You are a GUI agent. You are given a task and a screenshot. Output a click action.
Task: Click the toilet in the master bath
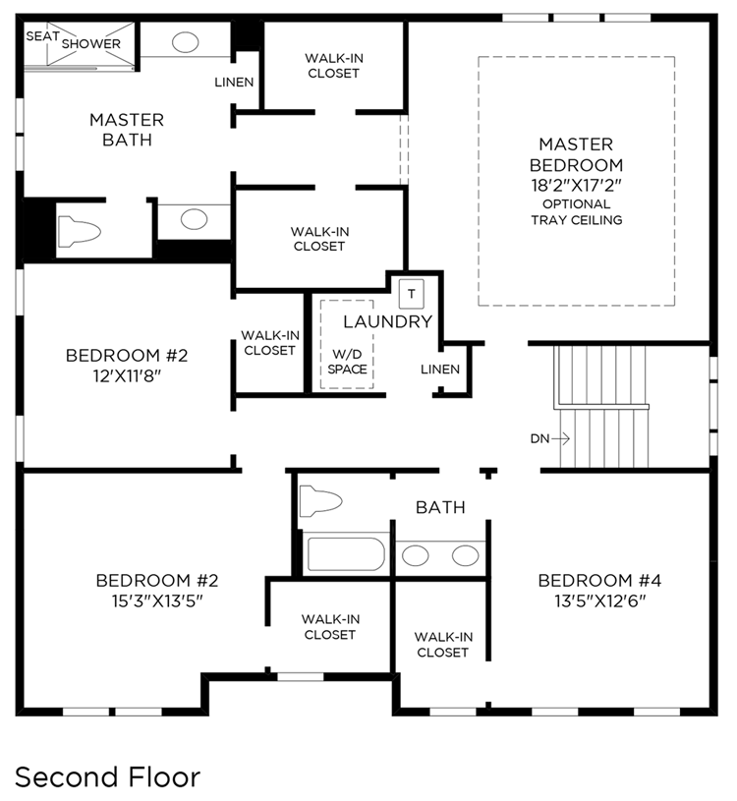[80, 232]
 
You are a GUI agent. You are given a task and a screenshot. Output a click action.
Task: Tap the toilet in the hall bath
[320, 501]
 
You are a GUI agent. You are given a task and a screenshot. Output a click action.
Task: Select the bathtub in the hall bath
[345, 553]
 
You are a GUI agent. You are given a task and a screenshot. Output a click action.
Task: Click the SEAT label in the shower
[43, 36]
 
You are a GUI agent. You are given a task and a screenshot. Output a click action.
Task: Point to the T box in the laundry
[412, 294]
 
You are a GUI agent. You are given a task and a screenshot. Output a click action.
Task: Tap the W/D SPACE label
[347, 362]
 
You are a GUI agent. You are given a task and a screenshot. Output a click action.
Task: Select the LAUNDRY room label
[387, 321]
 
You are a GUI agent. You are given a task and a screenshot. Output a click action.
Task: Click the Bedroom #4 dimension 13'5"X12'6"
[600, 601]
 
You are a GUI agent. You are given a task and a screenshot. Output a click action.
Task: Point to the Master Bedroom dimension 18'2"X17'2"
[576, 185]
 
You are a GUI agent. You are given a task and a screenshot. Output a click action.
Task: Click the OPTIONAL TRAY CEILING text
[577, 212]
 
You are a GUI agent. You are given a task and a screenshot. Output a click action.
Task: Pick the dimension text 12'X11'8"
[127, 376]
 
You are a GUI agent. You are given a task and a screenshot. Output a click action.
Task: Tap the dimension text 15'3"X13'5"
[157, 601]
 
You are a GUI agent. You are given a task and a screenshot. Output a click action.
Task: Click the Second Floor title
[107, 777]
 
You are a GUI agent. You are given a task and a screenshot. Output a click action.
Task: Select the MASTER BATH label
[127, 130]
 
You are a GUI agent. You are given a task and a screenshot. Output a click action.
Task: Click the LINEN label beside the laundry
[440, 369]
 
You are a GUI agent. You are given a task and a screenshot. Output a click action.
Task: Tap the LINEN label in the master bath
[234, 83]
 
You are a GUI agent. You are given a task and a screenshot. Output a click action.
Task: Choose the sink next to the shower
[185, 42]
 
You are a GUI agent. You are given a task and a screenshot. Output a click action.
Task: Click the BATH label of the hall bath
[440, 507]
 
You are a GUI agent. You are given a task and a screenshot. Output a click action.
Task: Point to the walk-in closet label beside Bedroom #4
[443, 645]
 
